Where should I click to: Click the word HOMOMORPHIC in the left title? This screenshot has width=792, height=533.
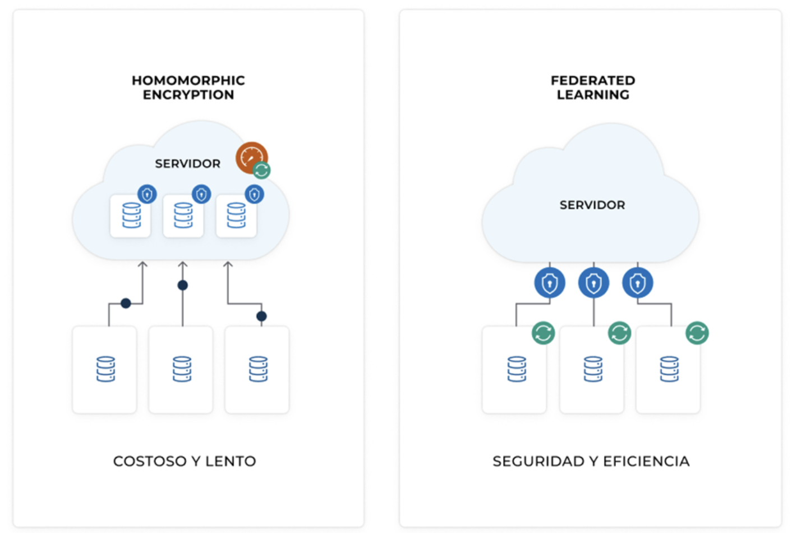click(188, 80)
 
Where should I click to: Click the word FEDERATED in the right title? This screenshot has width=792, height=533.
click(593, 80)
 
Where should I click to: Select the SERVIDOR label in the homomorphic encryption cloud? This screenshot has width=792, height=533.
click(188, 164)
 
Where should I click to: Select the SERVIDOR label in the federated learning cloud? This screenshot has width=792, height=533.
click(592, 205)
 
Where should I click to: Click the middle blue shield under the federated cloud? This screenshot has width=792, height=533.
click(593, 283)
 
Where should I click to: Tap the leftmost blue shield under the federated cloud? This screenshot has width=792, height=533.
click(550, 283)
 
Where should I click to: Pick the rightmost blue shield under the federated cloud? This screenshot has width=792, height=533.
click(638, 283)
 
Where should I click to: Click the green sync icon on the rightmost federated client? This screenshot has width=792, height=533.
click(697, 333)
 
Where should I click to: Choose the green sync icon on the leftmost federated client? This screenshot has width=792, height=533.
click(544, 333)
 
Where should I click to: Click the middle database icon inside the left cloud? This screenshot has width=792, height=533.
click(183, 215)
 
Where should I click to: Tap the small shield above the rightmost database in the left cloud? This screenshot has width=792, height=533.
click(255, 194)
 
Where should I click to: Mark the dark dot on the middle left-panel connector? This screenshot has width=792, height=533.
click(182, 286)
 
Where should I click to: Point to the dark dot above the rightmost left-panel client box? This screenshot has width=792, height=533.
click(261, 316)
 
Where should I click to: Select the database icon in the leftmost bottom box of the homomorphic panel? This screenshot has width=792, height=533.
click(105, 369)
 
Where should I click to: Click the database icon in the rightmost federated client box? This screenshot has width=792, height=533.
click(669, 369)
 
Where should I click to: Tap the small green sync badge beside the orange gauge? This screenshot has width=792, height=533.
click(261, 170)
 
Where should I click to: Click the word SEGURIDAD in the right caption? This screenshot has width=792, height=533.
click(538, 461)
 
